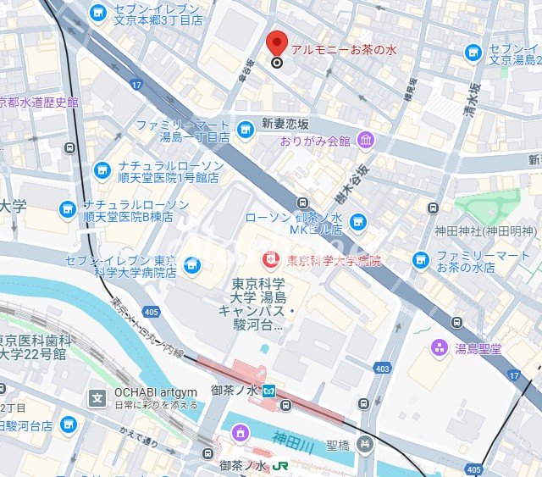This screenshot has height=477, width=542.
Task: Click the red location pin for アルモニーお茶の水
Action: tap(277, 43)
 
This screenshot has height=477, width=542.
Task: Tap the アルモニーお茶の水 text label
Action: tap(343, 50)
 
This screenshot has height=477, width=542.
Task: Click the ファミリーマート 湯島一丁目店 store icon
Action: tap(246, 130)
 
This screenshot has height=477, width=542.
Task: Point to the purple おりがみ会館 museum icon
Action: tap(365, 140)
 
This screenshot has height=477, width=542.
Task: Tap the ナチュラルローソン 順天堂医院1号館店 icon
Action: tap(102, 171)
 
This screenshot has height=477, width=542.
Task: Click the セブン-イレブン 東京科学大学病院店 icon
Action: tap(193, 265)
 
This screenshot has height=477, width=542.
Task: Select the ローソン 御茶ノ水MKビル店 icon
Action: tap(358, 222)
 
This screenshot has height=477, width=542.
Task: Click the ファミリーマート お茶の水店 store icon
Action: tap(421, 260)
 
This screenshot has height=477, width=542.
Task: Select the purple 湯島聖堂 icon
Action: tap(440, 347)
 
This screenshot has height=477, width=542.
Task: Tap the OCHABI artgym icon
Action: tap(99, 396)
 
